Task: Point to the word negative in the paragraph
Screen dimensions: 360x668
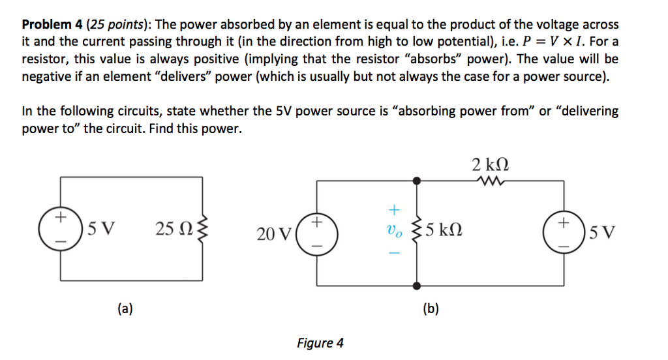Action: [45, 76]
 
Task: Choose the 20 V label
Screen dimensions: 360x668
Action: [273, 233]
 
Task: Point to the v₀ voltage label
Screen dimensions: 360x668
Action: [392, 230]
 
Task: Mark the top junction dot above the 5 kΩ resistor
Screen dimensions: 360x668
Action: [416, 179]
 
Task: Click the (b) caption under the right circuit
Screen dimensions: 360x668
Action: [431, 308]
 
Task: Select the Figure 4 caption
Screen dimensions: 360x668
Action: [320, 343]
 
